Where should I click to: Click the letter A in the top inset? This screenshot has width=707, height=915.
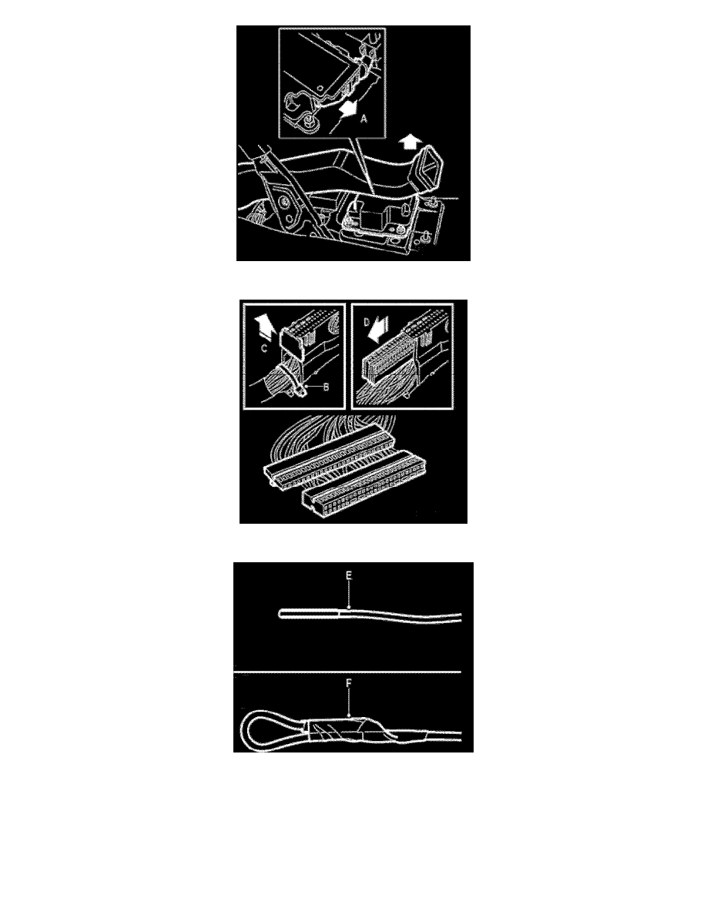click(364, 119)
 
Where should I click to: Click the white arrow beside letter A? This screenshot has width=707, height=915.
click(347, 109)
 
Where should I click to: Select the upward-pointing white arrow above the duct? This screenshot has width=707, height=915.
click(411, 141)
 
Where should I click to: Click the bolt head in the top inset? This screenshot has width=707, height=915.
click(309, 123)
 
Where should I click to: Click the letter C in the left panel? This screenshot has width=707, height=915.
click(263, 348)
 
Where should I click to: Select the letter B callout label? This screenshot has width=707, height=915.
click(326, 387)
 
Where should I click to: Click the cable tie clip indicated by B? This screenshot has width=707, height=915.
click(298, 387)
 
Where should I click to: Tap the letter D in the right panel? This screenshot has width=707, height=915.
click(367, 322)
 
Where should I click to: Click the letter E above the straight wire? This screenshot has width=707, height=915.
click(349, 576)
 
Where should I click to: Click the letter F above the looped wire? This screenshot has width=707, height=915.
click(349, 683)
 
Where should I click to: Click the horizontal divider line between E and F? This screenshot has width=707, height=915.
click(347, 672)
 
